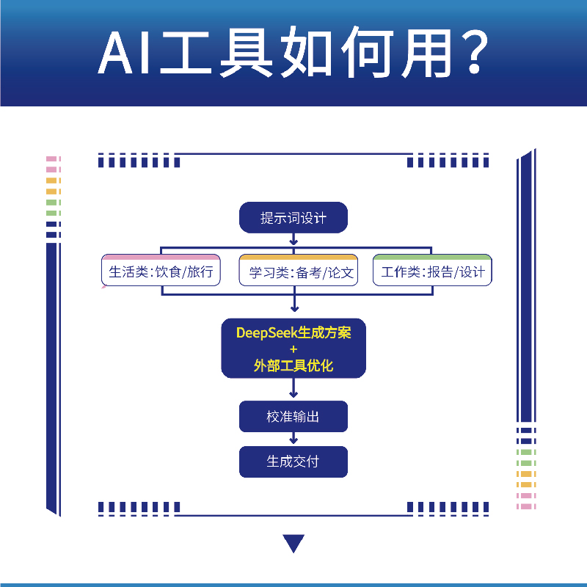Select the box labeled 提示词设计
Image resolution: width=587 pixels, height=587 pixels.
click(293, 218)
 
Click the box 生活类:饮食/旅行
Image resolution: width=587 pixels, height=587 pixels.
click(161, 272)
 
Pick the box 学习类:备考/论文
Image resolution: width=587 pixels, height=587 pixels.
click(299, 272)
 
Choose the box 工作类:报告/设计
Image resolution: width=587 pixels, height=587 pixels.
click(433, 272)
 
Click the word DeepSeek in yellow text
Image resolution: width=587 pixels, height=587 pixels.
click(262, 332)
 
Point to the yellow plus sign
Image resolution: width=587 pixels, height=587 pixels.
click(293, 349)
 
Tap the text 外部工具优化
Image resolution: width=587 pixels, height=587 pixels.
click(293, 365)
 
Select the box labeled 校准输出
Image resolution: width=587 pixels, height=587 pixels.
click(293, 417)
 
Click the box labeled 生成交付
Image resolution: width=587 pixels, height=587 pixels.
click(293, 462)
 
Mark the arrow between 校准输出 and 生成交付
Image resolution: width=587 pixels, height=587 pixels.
click(293, 439)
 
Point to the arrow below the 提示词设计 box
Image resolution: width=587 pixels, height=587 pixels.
click(293, 239)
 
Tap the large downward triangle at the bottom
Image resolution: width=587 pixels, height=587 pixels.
click(293, 543)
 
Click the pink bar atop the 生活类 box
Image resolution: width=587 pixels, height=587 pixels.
click(161, 258)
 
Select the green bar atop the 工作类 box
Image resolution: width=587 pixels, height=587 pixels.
click(433, 258)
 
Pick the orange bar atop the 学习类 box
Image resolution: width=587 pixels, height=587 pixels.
click(299, 258)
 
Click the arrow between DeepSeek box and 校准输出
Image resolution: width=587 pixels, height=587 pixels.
click(293, 392)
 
